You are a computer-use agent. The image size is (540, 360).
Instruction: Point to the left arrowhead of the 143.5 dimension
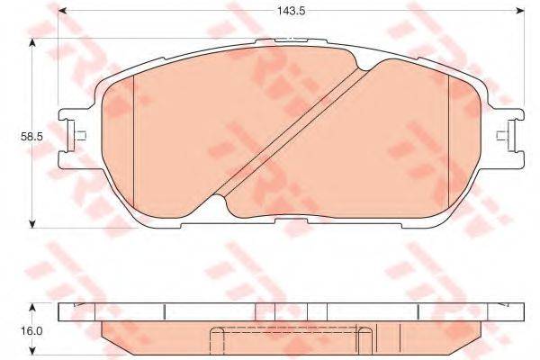click(62, 13)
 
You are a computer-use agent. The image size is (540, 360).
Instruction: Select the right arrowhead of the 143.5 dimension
click(520, 13)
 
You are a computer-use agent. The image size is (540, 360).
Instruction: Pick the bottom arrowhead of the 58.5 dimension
click(32, 221)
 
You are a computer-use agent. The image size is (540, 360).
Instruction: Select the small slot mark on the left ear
click(80, 137)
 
